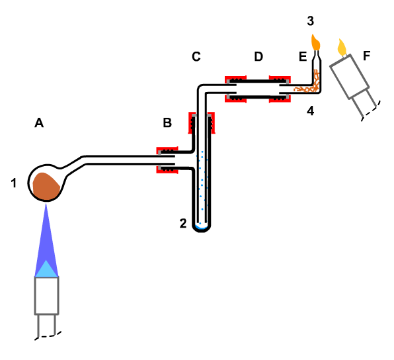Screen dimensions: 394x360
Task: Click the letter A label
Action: click(x=39, y=123)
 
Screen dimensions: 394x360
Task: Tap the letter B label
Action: click(x=167, y=123)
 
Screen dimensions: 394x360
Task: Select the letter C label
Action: click(x=196, y=57)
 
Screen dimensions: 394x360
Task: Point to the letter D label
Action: click(x=258, y=57)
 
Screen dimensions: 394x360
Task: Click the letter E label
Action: click(x=303, y=57)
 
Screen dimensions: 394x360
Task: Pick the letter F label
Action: click(x=367, y=56)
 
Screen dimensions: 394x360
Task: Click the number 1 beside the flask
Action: click(x=14, y=183)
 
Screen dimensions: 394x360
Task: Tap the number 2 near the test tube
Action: click(x=183, y=224)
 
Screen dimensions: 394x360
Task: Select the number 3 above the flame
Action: click(x=311, y=21)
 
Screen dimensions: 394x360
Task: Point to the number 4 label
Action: click(x=311, y=111)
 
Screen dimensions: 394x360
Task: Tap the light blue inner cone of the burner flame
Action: click(x=46, y=269)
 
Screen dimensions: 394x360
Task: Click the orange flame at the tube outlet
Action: click(x=315, y=42)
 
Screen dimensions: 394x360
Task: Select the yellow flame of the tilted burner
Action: click(x=342, y=48)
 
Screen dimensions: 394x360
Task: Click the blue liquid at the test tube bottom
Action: click(x=202, y=227)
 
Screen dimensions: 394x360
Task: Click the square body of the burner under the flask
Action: click(x=47, y=296)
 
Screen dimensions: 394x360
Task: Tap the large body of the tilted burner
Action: click(x=349, y=77)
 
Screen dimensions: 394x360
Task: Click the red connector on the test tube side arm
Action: click(x=167, y=160)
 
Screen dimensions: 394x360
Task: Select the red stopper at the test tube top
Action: click(x=202, y=122)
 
